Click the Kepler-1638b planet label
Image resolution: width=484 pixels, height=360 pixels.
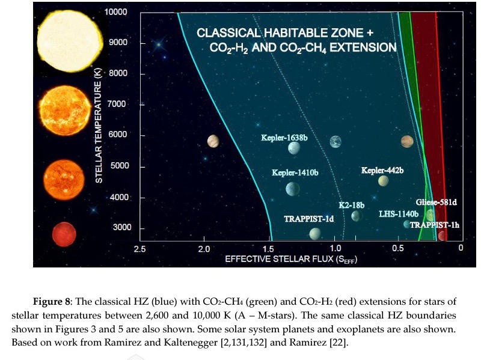(284, 138)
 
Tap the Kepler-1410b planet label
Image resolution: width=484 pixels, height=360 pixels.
(295, 173)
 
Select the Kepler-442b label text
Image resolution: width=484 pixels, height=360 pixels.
(382, 171)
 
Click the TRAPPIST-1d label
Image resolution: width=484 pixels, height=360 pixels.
(308, 219)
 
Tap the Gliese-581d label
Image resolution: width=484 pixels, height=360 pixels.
(437, 203)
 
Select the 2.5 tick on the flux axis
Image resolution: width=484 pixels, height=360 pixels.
(139, 248)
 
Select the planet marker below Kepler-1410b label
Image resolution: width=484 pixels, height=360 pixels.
(293, 189)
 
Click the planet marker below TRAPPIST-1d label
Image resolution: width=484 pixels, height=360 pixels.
(315, 234)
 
